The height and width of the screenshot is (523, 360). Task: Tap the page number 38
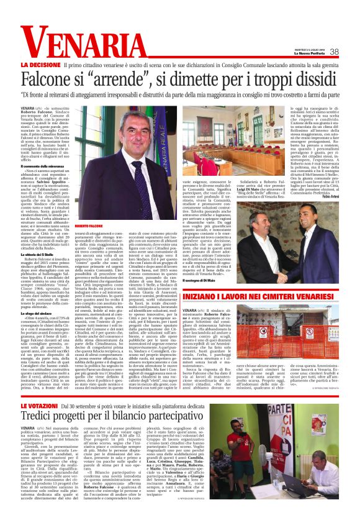coord(334,52)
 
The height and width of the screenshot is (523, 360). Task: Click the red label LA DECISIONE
coord(40,65)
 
